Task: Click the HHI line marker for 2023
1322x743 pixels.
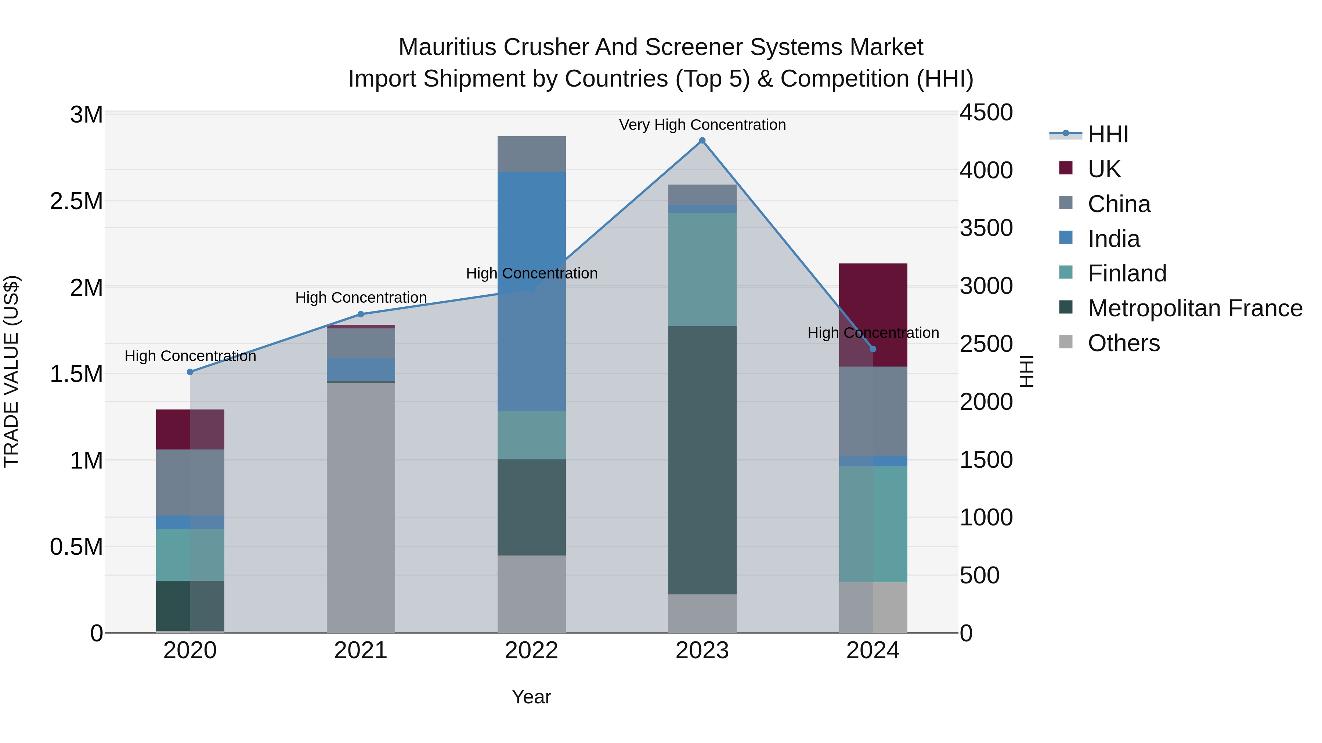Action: [x=702, y=141]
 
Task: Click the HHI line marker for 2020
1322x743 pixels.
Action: [x=190, y=372]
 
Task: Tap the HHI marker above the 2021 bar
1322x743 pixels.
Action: [x=360, y=314]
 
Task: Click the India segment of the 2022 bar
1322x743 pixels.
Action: [x=532, y=291]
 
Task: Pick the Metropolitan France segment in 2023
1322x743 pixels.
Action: [x=702, y=460]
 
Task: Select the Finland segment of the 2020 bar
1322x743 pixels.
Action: [x=190, y=554]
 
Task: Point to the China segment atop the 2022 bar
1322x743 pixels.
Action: [x=532, y=154]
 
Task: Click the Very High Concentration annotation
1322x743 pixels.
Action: [x=702, y=125]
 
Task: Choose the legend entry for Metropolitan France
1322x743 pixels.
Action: [x=1195, y=308]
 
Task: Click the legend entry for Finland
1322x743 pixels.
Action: [x=1127, y=273]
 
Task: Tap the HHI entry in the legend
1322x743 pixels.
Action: [x=1108, y=134]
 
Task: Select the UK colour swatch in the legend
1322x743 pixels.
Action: [x=1065, y=168]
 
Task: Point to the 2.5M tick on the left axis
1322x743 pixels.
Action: [x=76, y=201]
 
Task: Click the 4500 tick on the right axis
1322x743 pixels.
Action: [x=986, y=113]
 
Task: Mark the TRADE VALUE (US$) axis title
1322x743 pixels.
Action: [x=11, y=371]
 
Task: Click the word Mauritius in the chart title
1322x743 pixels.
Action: [x=447, y=47]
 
